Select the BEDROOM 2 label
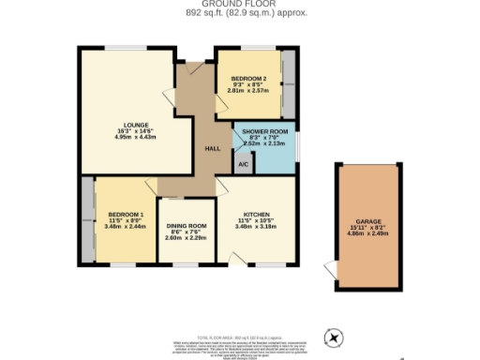tap(249, 79)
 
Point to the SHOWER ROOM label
tap(258, 132)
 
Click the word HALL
tap(213, 148)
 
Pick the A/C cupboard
tap(242, 165)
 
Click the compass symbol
tap(334, 337)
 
